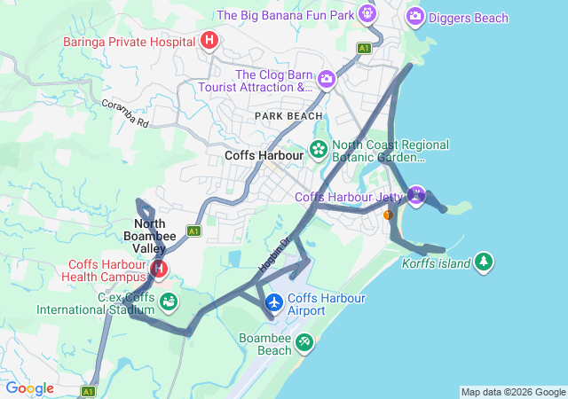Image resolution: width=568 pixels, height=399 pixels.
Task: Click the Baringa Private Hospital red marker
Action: point(209,40)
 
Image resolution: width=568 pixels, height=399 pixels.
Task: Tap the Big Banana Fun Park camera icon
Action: point(367,14)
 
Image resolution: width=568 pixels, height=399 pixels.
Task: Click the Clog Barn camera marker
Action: point(327,80)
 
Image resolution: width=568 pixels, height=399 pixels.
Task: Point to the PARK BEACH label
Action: point(288,116)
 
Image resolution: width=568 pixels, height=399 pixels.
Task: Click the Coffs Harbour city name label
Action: point(264,154)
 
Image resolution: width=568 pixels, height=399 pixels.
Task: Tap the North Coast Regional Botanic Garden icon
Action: point(319,151)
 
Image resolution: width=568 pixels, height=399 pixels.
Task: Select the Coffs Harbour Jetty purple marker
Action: point(416,195)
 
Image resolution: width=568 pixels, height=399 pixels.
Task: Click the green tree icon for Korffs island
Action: point(483,262)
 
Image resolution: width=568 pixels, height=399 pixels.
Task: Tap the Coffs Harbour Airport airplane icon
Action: point(274,303)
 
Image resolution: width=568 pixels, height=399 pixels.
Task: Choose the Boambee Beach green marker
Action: point(304,341)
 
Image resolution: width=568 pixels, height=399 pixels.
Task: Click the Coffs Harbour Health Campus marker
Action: point(159,268)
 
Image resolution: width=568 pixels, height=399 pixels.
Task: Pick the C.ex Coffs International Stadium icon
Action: point(168,302)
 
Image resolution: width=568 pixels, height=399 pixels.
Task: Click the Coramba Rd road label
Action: point(124,113)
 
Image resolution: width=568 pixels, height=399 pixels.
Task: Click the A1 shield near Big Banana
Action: point(364,48)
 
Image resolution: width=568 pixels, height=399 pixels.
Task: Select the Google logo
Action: point(29,388)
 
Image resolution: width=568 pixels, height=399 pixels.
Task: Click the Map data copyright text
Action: point(512,392)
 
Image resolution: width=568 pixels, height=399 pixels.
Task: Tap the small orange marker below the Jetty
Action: point(387,215)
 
